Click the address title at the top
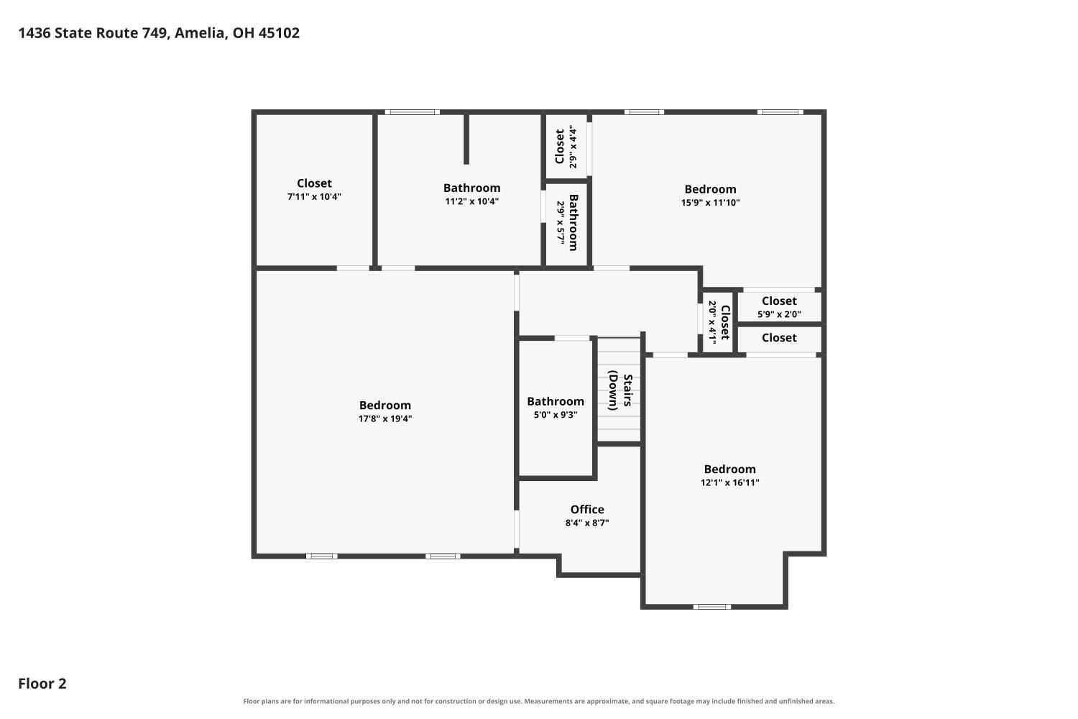click(159, 33)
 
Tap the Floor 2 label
click(42, 683)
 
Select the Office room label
click(587, 510)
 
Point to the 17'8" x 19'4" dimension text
click(385, 418)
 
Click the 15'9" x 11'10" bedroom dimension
click(710, 203)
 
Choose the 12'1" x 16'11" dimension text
click(730, 482)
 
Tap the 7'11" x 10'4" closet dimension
click(314, 196)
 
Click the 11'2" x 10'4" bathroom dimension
click(471, 201)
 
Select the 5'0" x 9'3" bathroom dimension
click(556, 415)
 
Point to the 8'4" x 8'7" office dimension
click(587, 523)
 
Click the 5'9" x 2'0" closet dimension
click(779, 314)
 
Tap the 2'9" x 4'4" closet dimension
click(573, 147)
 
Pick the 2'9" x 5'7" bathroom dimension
click(561, 222)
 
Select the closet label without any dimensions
click(779, 338)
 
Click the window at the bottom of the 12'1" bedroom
click(712, 607)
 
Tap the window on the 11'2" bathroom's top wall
click(413, 112)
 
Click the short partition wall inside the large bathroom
click(466, 139)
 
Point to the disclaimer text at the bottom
click(538, 701)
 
